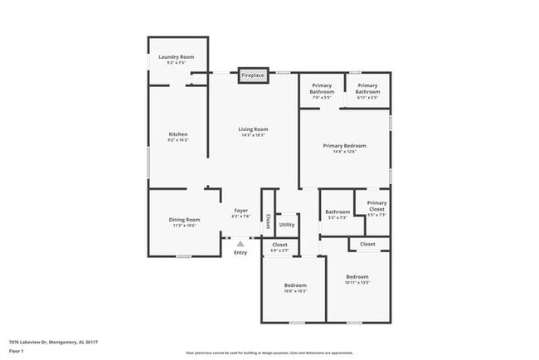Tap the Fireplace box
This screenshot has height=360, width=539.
tap(253, 75)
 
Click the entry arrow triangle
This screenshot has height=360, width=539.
tap(240, 244)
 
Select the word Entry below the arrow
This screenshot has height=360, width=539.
tap(240, 253)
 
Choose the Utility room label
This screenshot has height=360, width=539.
tap(287, 224)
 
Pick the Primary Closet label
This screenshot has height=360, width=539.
tap(377, 206)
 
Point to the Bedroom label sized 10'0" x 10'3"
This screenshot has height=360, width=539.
tap(296, 287)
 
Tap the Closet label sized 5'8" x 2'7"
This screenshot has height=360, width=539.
tap(280, 246)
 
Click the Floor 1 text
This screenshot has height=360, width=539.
tap(16, 352)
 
